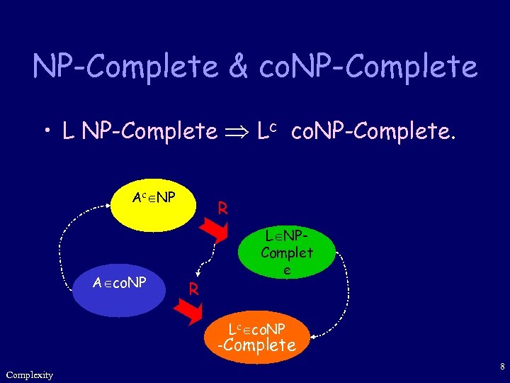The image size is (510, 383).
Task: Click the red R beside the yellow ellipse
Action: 222,209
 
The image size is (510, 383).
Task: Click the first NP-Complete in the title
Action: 125,67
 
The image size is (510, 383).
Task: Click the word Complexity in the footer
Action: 29,374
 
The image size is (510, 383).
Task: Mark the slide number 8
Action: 501,367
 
